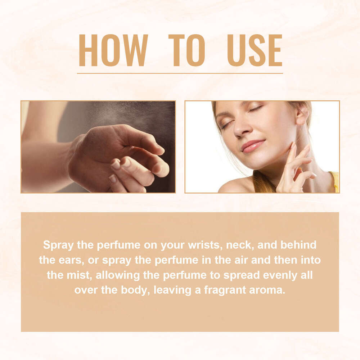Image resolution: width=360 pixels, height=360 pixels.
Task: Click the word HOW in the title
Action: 113,50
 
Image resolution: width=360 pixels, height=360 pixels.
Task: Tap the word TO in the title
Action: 186,50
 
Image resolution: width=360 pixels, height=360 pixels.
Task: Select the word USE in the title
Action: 255,50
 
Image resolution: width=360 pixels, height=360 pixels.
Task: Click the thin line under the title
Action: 180,73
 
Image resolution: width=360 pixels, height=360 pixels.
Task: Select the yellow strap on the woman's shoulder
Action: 335,182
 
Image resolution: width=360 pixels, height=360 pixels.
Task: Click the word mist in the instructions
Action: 78,275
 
